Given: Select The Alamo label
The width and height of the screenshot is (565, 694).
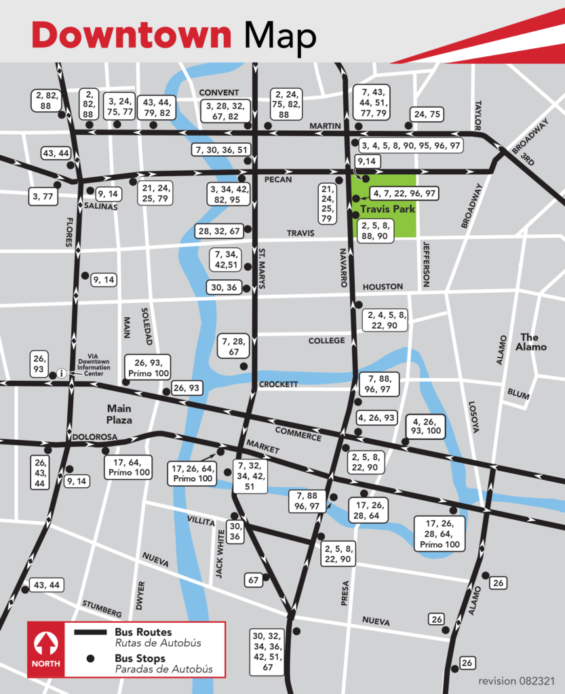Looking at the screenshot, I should tap(529, 342).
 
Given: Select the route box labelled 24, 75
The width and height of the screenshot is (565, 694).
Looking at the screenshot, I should tap(427, 115).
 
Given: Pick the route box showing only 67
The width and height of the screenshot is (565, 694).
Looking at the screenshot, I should tap(254, 580).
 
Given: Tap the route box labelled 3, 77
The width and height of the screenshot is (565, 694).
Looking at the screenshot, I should tap(43, 197).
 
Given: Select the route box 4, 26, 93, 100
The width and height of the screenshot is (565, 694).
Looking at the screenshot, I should tap(425, 426).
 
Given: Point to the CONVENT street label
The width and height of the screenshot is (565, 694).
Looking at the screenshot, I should tap(218, 92).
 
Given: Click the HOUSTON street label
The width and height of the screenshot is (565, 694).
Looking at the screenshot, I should tap(383, 287).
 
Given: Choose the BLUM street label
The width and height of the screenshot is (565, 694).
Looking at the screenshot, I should tap(518, 393).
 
